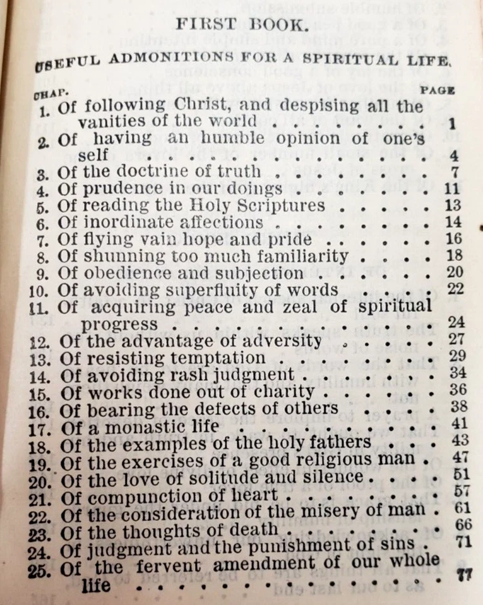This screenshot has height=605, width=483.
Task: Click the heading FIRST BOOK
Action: (242, 26)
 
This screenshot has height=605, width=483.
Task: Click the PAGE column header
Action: (438, 90)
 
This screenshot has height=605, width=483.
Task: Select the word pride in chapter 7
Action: (292, 239)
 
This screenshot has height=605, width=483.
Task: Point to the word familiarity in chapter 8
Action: (306, 256)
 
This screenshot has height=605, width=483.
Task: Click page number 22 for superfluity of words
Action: (455, 289)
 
